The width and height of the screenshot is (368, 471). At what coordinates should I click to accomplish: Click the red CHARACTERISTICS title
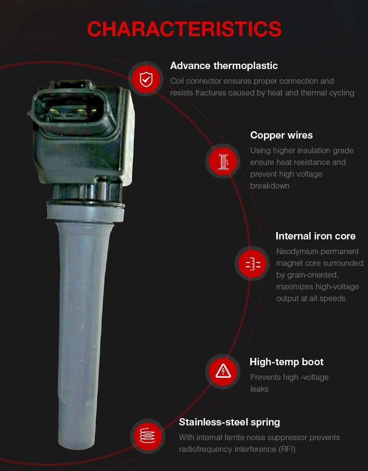pos(184,29)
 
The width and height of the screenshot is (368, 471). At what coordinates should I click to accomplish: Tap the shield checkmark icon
pos(146,79)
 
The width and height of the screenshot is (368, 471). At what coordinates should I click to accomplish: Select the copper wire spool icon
pos(223,162)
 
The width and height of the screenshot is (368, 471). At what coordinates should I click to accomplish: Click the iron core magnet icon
pos(253,263)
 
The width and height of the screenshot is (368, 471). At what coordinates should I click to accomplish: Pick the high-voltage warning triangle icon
pos(223,372)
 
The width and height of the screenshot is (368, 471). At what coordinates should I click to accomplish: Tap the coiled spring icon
pos(148,436)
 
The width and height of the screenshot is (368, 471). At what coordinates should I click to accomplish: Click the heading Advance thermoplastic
pos(224,66)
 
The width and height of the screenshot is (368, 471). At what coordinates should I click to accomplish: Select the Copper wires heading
pos(281,136)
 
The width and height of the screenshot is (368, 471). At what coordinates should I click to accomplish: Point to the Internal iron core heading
pos(315,236)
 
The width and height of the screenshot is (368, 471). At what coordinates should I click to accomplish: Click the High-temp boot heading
pos(287,362)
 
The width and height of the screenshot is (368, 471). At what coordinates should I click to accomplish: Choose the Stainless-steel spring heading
pos(229,423)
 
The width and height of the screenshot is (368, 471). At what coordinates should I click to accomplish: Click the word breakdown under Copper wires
pos(269,186)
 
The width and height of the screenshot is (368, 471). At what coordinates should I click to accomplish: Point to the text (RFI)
pos(287,449)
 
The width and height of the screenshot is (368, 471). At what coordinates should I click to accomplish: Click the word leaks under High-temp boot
pos(259,389)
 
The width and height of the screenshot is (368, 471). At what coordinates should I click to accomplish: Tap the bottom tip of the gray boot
pos(77,447)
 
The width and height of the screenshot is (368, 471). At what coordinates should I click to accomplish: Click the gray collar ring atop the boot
pos(85,212)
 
